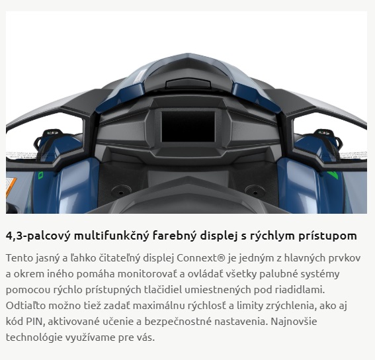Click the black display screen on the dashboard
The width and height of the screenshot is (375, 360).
point(188,126)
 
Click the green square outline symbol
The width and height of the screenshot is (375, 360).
point(40,175)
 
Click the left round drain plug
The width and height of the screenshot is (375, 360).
point(121,191)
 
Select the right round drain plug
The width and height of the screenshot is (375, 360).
point(255,191)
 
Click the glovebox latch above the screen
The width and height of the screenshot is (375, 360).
point(188,83)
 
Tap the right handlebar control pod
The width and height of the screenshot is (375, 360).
point(327,140)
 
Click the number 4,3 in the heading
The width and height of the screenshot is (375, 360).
point(15,236)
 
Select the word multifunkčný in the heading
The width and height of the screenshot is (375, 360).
point(112,236)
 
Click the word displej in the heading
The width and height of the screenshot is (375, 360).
point(219,236)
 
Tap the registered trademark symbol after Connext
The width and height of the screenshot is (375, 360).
point(222,258)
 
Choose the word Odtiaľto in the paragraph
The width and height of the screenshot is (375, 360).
point(26,306)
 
